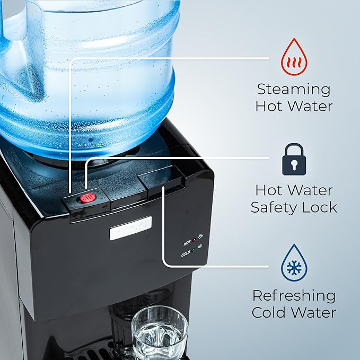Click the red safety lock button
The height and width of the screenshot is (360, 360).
(88, 198)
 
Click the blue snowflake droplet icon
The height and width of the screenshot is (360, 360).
(294, 262)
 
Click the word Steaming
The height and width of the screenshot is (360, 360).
(294, 89)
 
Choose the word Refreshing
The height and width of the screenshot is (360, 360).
(294, 295)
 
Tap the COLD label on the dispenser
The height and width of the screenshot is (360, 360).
(186, 253)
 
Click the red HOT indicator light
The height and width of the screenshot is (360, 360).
(195, 243)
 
